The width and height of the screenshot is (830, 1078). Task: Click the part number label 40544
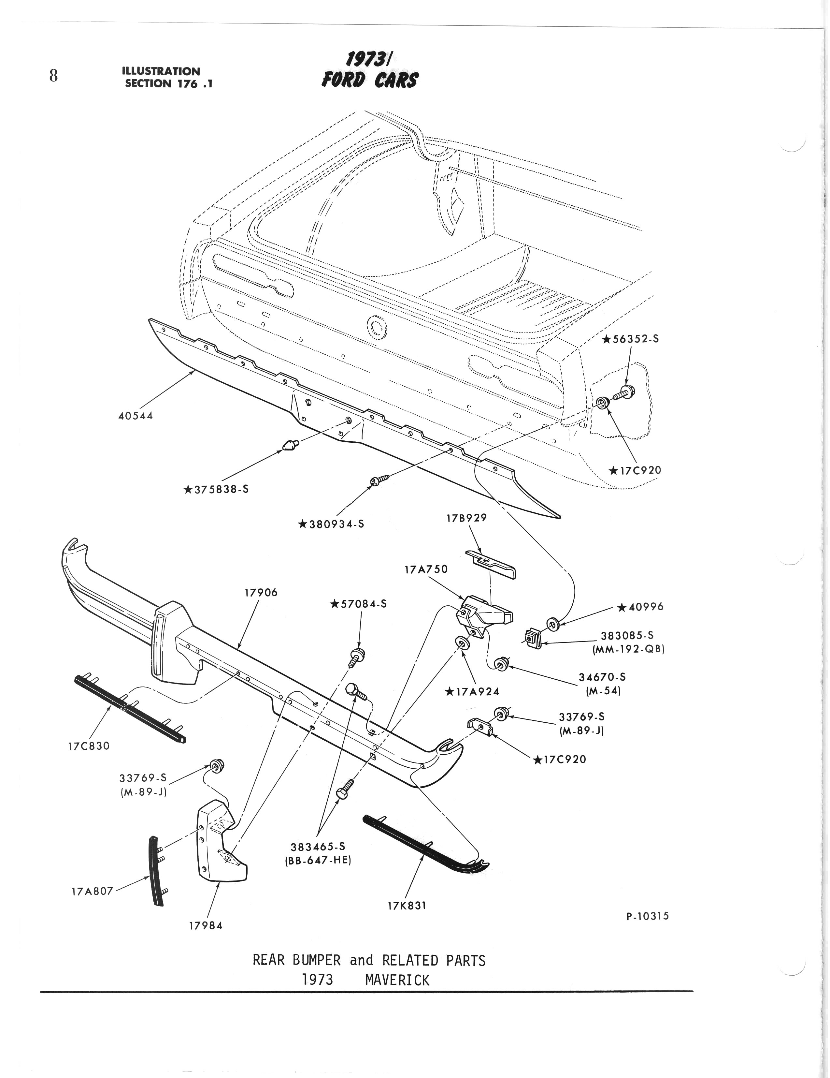(136, 416)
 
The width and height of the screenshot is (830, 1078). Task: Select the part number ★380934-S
(331, 524)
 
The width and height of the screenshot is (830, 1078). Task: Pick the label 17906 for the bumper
(261, 593)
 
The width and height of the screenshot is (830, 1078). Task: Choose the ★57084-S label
(359, 604)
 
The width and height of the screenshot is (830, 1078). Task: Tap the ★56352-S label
(631, 339)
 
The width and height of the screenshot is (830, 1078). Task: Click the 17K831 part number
(407, 906)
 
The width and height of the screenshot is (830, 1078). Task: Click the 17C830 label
(89, 746)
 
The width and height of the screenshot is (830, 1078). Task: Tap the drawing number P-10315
(648, 916)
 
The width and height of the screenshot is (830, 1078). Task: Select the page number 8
(53, 76)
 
